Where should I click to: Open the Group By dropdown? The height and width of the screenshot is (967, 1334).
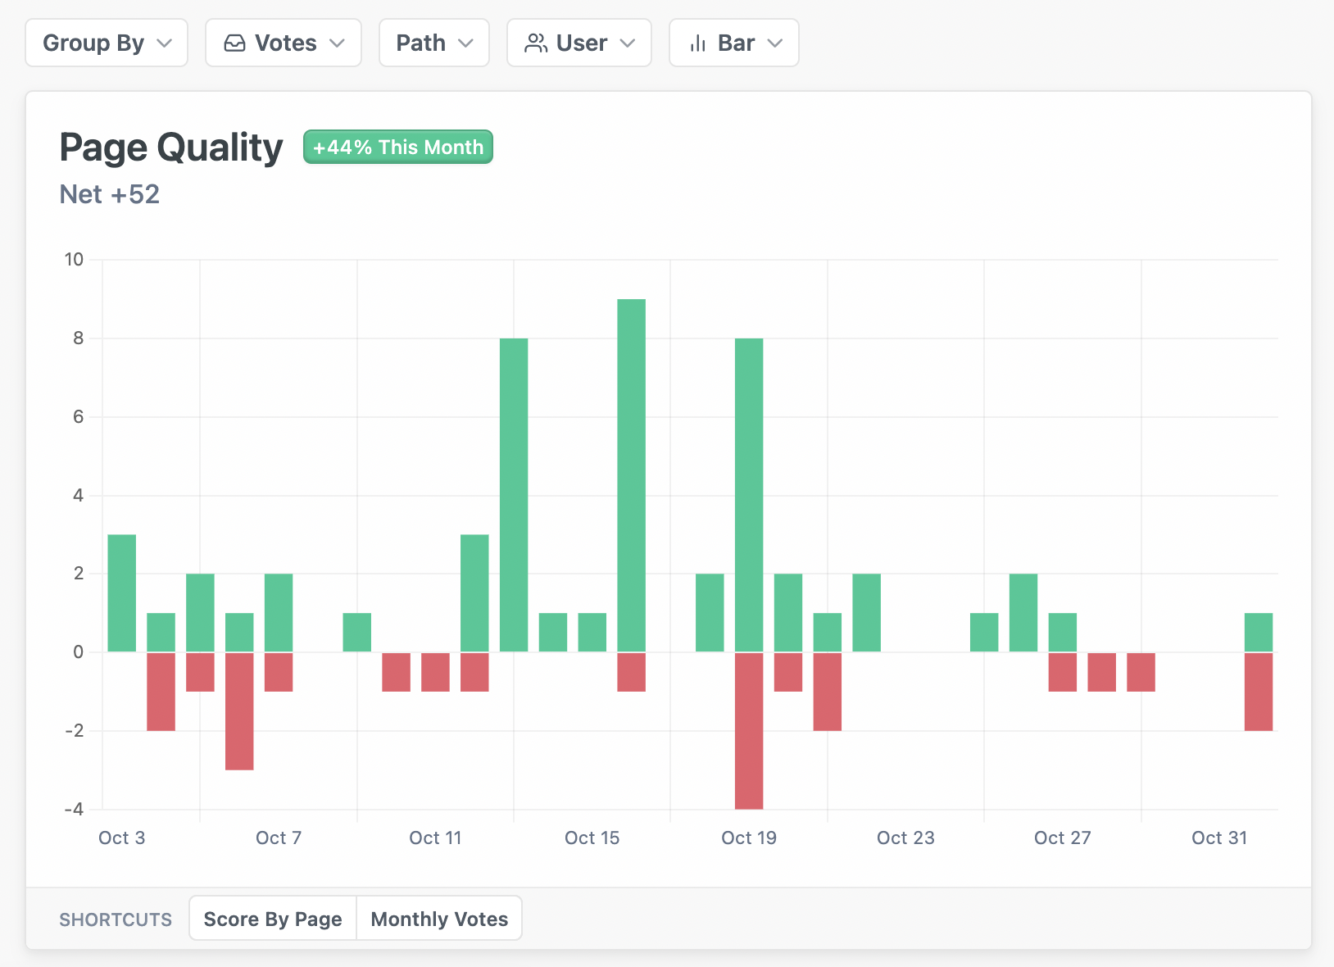(107, 43)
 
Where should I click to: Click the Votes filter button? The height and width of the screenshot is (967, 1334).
(283, 43)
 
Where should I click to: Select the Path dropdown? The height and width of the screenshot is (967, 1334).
(433, 43)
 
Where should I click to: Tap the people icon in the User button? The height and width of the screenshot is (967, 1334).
(536, 43)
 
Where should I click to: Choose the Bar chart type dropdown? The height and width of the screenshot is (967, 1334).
(733, 43)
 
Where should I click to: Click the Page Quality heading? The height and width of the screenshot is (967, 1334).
(171, 148)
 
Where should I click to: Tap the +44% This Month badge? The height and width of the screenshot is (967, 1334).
(398, 148)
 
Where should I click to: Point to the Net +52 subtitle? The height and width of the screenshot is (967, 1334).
(110, 194)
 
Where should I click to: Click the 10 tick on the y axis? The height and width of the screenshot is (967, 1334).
(75, 260)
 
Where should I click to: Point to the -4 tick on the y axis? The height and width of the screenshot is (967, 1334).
(75, 810)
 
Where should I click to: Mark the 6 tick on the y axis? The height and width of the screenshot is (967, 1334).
(79, 417)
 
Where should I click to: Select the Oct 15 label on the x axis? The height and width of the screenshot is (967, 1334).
(592, 838)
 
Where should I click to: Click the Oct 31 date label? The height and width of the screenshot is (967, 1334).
(1218, 838)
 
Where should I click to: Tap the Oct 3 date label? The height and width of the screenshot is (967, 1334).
(121, 838)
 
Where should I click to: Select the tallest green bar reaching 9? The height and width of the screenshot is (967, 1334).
(631, 475)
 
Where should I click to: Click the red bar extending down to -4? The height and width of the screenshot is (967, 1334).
(749, 730)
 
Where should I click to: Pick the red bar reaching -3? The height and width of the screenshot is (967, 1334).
(239, 710)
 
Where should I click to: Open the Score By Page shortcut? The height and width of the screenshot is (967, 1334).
(273, 919)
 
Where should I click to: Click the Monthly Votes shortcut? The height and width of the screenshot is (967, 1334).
(439, 919)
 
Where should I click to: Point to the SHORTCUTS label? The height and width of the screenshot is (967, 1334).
(116, 919)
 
